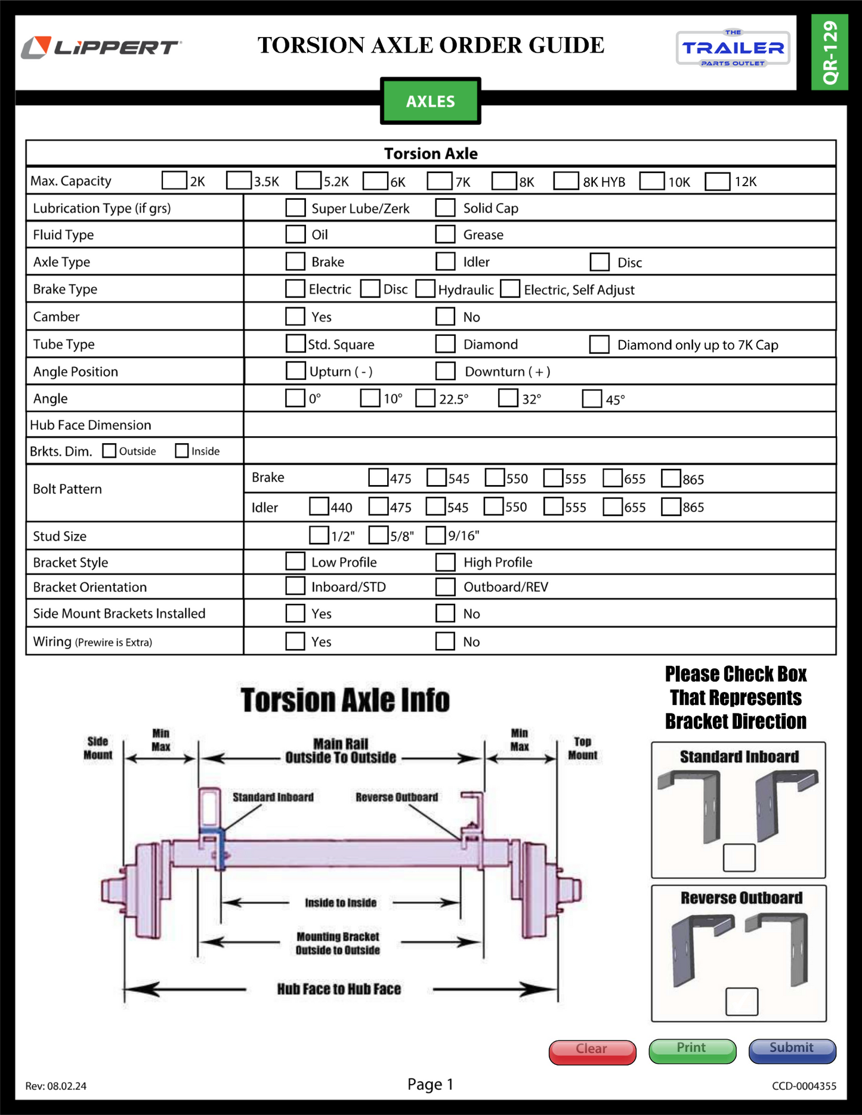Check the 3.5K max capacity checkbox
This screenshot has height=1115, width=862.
pyautogui.click(x=239, y=181)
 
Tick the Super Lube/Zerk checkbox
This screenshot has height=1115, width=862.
pyautogui.click(x=295, y=208)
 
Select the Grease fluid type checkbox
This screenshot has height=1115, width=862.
pyautogui.click(x=445, y=234)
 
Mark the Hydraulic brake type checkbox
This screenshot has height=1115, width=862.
pyautogui.click(x=425, y=289)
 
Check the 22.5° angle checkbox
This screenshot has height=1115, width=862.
pyautogui.click(x=425, y=398)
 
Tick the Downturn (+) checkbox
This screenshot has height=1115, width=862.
pyautogui.click(x=445, y=371)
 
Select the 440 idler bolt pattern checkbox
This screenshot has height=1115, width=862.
pyautogui.click(x=319, y=506)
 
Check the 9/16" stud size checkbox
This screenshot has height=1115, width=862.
pyautogui.click(x=436, y=535)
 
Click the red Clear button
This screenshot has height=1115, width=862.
pyautogui.click(x=592, y=1051)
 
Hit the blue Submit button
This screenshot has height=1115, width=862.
pyautogui.click(x=792, y=1051)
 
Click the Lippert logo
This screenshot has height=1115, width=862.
pyautogui.click(x=101, y=47)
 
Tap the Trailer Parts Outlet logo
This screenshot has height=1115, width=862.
pyautogui.click(x=733, y=48)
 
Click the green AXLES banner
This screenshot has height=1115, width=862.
pyautogui.click(x=430, y=101)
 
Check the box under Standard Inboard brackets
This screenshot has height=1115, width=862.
pyautogui.click(x=739, y=858)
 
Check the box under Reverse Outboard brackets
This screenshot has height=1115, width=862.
pyautogui.click(x=741, y=1001)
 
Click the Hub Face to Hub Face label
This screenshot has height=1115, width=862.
pyautogui.click(x=339, y=989)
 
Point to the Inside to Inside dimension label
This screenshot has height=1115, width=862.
pyautogui.click(x=341, y=903)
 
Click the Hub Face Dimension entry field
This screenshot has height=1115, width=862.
pyautogui.click(x=539, y=425)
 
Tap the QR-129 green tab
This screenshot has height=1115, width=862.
pyautogui.click(x=830, y=52)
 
